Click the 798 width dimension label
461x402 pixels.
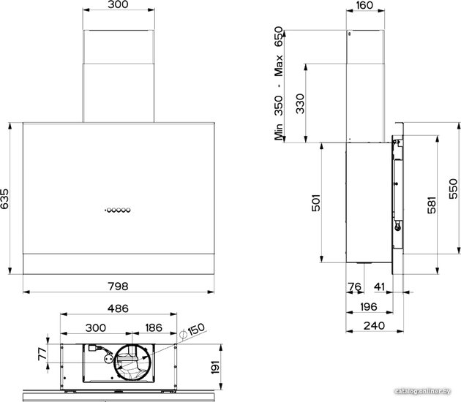click(119, 286)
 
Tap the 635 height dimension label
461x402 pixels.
click(4, 199)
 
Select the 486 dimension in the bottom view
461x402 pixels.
click(119, 308)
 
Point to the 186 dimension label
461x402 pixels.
click(154, 327)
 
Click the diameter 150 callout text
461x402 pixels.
click(192, 331)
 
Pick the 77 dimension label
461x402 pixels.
click(42, 354)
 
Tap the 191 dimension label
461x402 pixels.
click(216, 367)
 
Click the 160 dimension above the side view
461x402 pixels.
click(364, 5)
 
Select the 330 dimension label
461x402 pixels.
click(300, 104)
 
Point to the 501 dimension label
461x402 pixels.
click(316, 202)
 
